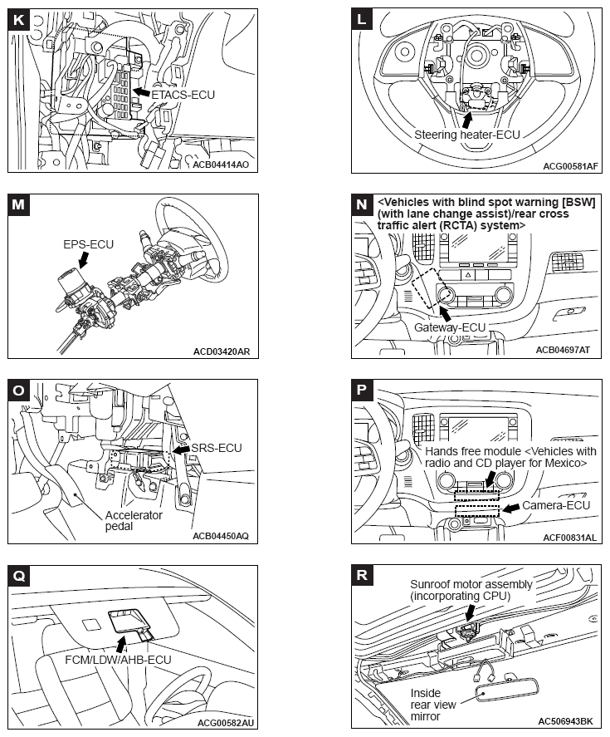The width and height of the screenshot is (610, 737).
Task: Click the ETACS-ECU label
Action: (183, 95)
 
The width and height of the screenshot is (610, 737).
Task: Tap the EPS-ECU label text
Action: (87, 246)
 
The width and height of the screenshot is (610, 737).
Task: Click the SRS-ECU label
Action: (216, 448)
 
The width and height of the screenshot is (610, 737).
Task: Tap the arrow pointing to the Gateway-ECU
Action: (446, 312)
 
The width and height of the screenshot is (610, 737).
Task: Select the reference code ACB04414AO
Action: (220, 165)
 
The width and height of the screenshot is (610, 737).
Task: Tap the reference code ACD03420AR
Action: (220, 351)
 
